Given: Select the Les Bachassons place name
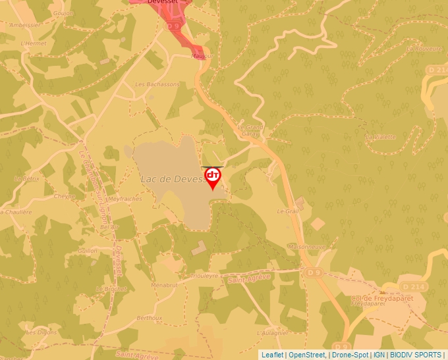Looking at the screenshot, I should click(157, 84).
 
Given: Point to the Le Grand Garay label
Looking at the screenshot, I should click(250, 130).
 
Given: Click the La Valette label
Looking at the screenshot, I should click(381, 137).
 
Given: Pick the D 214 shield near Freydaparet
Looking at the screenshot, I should click(412, 287).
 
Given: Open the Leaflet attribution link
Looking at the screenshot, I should click(272, 355).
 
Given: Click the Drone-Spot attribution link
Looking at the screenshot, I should click(349, 355).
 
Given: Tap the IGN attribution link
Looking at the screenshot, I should click(379, 355).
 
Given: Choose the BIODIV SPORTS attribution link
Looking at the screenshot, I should click(416, 355).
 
